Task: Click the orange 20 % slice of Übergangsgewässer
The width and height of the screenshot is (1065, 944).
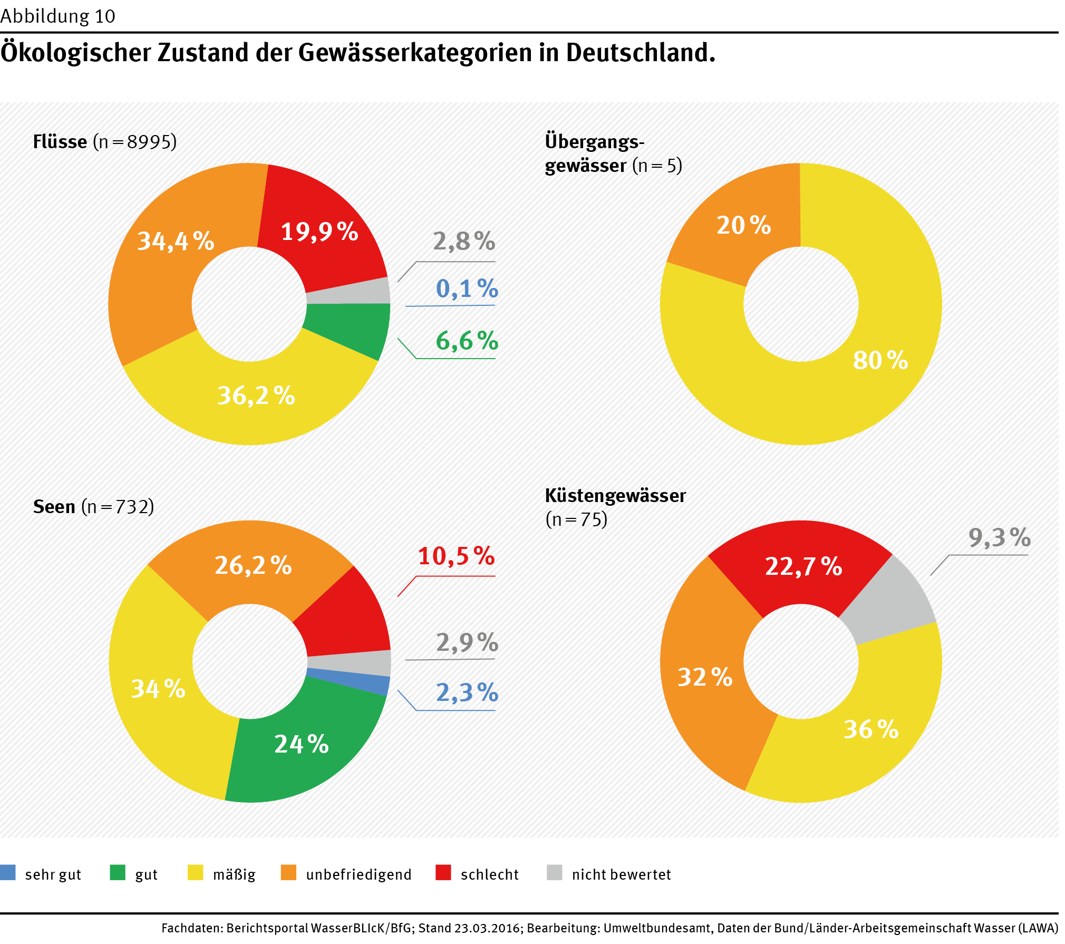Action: [743, 227]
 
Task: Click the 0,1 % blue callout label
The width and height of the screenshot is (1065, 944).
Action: [467, 288]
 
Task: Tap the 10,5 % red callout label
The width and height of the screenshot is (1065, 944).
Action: [456, 556]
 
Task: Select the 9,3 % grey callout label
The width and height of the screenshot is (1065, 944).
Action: [999, 537]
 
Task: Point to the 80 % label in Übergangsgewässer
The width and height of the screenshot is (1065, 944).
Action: [880, 360]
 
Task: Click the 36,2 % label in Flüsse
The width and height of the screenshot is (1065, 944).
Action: [256, 396]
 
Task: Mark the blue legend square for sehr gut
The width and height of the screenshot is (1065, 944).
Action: [8, 873]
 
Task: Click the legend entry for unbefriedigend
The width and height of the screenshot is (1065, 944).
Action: [359, 874]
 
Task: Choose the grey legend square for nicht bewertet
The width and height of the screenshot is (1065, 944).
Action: [555, 873]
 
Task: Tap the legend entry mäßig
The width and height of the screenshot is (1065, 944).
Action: [234, 874]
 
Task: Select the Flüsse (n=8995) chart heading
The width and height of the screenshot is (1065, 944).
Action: [104, 142]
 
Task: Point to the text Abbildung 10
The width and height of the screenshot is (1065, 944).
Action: [57, 16]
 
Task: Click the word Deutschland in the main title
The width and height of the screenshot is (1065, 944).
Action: [640, 53]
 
